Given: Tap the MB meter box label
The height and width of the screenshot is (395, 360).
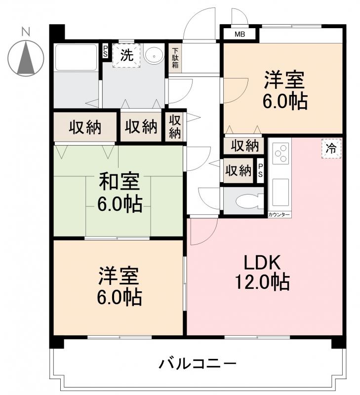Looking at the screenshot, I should (240, 34).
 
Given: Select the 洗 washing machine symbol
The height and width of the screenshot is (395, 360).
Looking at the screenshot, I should (127, 55).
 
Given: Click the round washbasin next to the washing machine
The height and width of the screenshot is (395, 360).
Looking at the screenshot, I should (155, 55).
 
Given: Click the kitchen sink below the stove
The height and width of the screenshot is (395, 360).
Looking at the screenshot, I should (280, 193).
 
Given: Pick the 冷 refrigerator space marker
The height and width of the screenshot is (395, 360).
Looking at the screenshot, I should (331, 148).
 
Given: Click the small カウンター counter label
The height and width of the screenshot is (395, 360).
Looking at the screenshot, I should (280, 215).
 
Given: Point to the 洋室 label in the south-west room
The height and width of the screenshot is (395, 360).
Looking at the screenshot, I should (119, 276).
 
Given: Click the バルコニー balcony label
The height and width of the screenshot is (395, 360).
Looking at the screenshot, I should (198, 364).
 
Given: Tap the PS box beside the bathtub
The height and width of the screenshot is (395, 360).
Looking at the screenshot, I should (105, 50).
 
